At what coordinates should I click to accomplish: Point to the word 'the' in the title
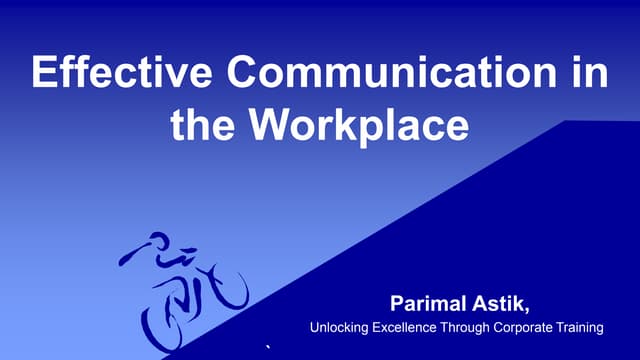point(203,124)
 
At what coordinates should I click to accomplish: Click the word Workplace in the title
point(358,126)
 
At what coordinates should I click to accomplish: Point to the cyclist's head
point(157,243)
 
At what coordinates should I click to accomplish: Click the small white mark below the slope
point(267,346)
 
